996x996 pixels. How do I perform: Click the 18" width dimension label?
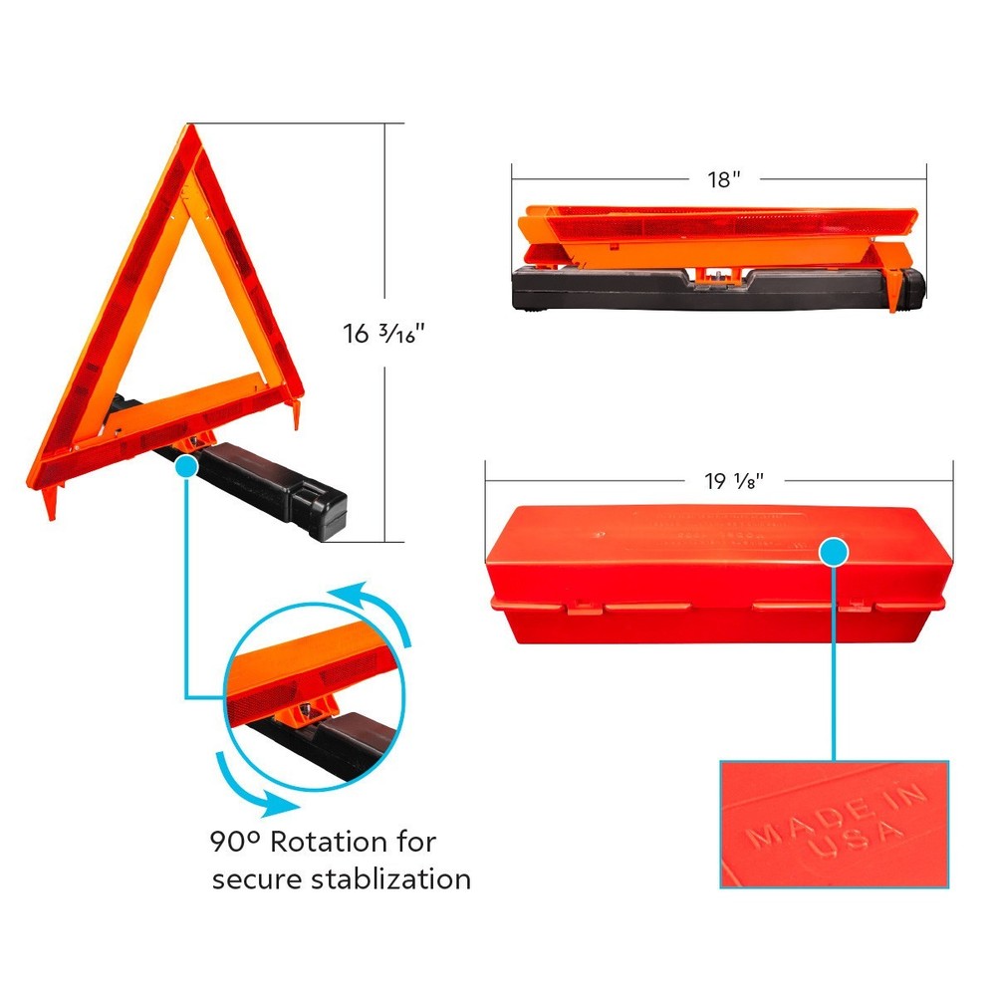[x=724, y=180]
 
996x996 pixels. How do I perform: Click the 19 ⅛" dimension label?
[x=734, y=481]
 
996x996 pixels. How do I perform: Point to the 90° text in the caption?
[x=230, y=842]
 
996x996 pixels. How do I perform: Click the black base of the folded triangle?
[x=697, y=294]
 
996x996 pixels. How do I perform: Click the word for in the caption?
[x=415, y=842]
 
